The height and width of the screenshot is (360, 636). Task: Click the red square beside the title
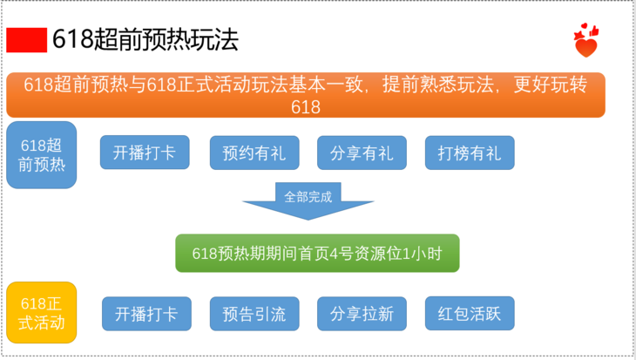pyautogui.click(x=27, y=40)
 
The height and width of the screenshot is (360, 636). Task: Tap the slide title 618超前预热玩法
pyautogui.click(x=145, y=40)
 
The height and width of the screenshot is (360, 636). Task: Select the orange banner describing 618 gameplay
pyautogui.click(x=306, y=95)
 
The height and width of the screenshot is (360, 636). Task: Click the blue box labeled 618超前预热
pyautogui.click(x=41, y=154)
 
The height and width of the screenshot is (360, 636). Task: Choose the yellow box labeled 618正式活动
pyautogui.click(x=41, y=313)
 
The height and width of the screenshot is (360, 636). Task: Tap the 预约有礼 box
pyautogui.click(x=254, y=153)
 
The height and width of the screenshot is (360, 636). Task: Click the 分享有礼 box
pyautogui.click(x=362, y=153)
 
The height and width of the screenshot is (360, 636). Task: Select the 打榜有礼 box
pyautogui.click(x=470, y=153)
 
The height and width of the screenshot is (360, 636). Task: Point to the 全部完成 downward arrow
pyautogui.click(x=308, y=200)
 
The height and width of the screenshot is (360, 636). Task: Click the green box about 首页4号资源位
pyautogui.click(x=317, y=254)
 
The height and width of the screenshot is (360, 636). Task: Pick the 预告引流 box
pyautogui.click(x=254, y=314)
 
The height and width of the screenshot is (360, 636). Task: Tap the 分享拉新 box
pyautogui.click(x=362, y=314)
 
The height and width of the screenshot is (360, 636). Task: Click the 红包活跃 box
pyautogui.click(x=470, y=313)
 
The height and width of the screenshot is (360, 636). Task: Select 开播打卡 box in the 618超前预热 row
pyautogui.click(x=145, y=153)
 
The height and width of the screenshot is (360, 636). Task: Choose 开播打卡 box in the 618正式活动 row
pyautogui.click(x=146, y=314)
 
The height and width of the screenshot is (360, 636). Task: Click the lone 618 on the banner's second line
pyautogui.click(x=306, y=107)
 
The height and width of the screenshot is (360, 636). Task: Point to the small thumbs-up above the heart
pyautogui.click(x=594, y=31)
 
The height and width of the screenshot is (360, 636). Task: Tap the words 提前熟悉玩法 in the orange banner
pyautogui.click(x=438, y=85)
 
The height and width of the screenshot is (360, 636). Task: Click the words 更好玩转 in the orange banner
pyautogui.click(x=551, y=85)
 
